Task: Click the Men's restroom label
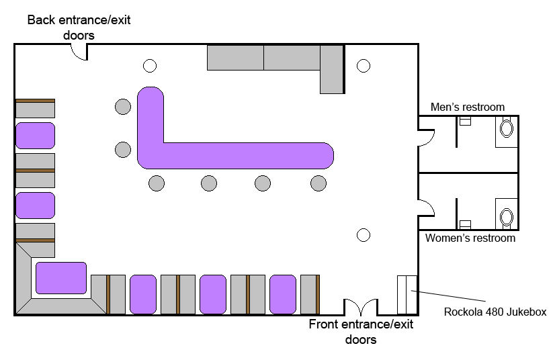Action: coord(467,107)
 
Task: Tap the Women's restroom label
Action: coord(470,238)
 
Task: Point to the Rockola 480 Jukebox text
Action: coord(495,312)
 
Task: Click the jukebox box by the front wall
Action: coord(407,294)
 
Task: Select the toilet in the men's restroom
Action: coord(507,128)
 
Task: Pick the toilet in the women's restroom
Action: coord(507,217)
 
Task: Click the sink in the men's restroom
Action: coord(465,121)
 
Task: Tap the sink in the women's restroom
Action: coord(465,224)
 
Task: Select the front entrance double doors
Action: coord(360,307)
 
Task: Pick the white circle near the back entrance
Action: coord(150,66)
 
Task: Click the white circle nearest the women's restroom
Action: coord(364,235)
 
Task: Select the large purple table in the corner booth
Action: coord(61,278)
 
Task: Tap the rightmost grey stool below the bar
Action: coord(318,183)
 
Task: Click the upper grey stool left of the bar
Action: coord(123,107)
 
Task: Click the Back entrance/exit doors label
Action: coord(79,28)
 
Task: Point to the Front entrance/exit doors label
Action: coord(361,331)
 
